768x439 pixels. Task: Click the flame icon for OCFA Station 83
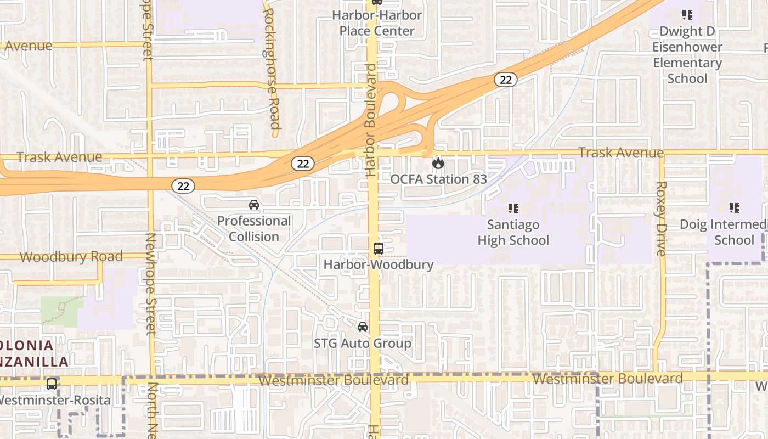[x=438, y=163]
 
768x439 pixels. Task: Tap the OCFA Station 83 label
[x=438, y=179]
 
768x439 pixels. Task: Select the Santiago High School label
[x=513, y=233]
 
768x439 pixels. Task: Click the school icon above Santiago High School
[x=513, y=209]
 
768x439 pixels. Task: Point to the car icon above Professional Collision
[x=254, y=205]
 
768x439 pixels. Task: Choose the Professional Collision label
[x=254, y=229]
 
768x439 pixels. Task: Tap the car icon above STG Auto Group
[x=363, y=327]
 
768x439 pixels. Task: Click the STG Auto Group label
[x=363, y=344]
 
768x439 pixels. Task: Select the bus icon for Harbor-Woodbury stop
[x=379, y=248]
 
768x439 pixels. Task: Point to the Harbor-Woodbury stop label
[x=379, y=264]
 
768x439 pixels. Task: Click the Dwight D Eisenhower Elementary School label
[x=687, y=55]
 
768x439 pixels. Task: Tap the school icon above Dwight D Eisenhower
[x=687, y=15]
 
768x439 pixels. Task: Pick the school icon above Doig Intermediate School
[x=734, y=208]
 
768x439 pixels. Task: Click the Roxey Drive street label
[x=660, y=218]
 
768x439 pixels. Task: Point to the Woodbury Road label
[x=71, y=257]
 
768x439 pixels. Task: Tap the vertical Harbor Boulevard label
[x=371, y=120]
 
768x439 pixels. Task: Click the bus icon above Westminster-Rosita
[x=52, y=384]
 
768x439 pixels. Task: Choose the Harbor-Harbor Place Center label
[x=377, y=23]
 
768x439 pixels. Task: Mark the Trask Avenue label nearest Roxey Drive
[x=621, y=153]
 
